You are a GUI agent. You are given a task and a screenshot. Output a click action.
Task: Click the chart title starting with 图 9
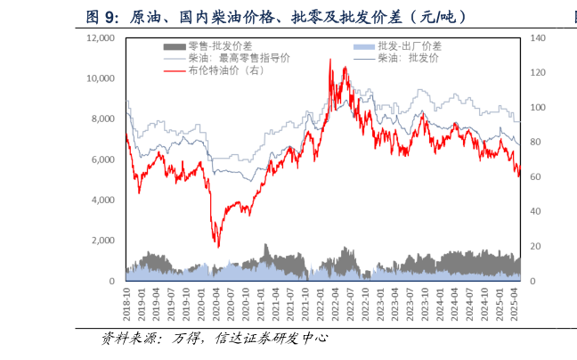click(275, 16)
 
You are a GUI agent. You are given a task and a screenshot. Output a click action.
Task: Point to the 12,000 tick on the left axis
click(101, 38)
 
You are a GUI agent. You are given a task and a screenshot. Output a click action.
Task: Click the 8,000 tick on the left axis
click(103, 119)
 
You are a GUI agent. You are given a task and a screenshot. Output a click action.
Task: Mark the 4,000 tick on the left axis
click(103, 200)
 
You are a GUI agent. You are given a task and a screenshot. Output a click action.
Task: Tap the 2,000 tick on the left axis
click(103, 241)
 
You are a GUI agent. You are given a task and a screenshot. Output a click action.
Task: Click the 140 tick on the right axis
click(538, 38)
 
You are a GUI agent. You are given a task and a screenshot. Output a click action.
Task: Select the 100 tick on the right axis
click(538, 108)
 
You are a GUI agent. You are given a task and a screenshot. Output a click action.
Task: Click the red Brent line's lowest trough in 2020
click(217, 247)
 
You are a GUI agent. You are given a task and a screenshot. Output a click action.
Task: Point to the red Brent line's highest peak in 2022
click(331, 60)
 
